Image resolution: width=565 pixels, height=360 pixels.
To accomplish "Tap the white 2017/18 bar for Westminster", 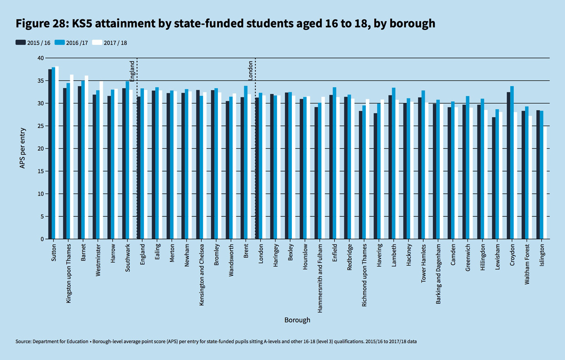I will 101,160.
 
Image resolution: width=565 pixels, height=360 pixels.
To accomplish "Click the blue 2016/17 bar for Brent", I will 246,163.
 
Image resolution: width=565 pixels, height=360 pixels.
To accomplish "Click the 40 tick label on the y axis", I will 40,58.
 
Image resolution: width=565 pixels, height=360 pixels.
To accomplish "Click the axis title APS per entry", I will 22,148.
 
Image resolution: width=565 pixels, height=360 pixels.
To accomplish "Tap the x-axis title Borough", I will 297,320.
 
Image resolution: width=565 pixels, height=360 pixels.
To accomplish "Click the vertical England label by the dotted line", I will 132,69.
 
